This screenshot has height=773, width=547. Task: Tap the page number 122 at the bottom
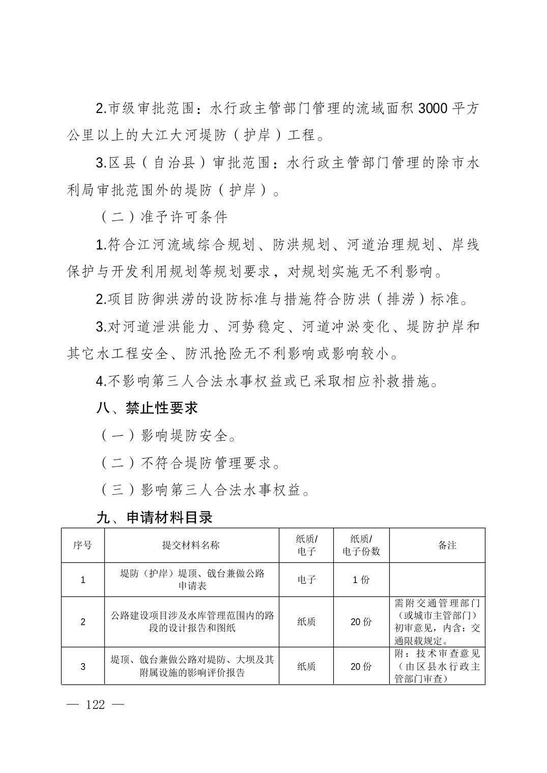coord(96,705)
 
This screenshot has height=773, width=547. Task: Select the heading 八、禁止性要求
coord(147,408)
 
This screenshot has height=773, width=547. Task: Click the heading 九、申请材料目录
coord(154,518)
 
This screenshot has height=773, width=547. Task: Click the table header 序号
coord(82,545)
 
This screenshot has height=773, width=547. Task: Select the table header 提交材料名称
coord(191,545)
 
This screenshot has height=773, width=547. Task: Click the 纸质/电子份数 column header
coord(361,545)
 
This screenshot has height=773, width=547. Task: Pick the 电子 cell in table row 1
coord(306,580)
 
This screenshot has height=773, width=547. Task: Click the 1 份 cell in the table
coord(361,580)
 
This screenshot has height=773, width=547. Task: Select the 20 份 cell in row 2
coord(361,621)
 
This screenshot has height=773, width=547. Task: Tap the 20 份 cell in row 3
coord(361,666)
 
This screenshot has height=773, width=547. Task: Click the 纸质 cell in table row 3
coord(306,666)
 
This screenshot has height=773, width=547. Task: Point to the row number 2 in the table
coord(83,621)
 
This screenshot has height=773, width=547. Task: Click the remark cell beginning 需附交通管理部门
coord(437,621)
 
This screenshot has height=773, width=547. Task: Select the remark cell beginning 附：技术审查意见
coord(437,666)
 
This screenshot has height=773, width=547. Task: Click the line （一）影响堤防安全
coord(168,436)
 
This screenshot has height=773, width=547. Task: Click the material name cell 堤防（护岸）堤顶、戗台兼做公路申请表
coord(192,580)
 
